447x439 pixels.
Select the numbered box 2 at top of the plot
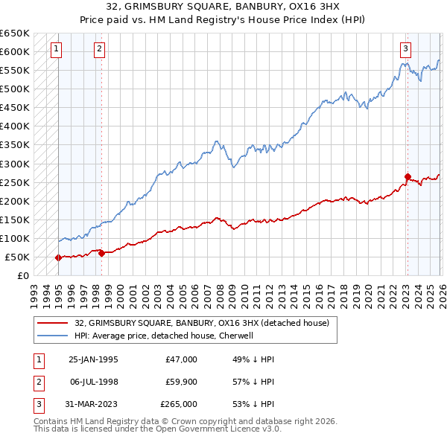(100, 50)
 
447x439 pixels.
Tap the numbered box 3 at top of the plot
(406, 50)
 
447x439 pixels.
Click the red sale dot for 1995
(58, 257)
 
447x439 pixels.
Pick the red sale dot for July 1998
(101, 253)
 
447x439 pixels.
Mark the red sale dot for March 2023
(408, 176)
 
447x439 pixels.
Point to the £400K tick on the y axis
(15, 126)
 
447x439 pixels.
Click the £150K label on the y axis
(15, 219)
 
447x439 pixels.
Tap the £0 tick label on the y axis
(22, 276)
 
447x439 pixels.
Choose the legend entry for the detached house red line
(206, 323)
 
